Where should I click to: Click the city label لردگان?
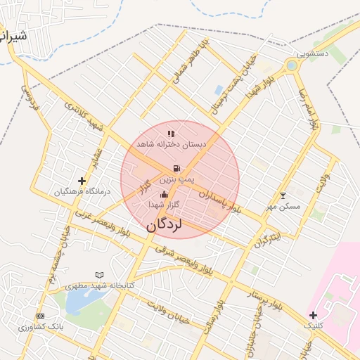click(x=164, y=226)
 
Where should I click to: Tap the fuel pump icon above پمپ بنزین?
click(x=175, y=168)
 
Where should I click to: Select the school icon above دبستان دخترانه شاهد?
click(x=171, y=133)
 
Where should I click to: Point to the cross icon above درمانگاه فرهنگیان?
click(x=82, y=181)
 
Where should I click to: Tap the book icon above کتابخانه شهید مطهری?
click(x=99, y=275)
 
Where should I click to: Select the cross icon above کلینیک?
click(x=313, y=314)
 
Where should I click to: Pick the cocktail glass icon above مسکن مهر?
click(x=283, y=195)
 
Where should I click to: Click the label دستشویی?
click(x=312, y=53)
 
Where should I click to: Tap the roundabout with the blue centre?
click(x=291, y=66)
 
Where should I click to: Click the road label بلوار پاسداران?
click(x=219, y=200)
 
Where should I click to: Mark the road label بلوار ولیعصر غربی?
click(x=101, y=222)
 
